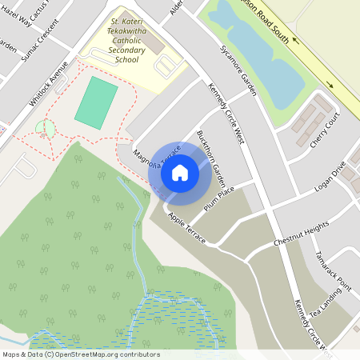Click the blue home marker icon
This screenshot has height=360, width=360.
pyautogui.click(x=180, y=171)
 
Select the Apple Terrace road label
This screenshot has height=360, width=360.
pyautogui.click(x=186, y=229)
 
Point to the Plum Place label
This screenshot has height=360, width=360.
pyautogui.click(x=218, y=197)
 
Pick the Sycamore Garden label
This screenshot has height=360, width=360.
pyautogui.click(x=238, y=70)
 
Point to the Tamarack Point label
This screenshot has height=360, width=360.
pyautogui.click(x=333, y=273)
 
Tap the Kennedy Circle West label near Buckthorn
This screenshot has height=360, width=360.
pyautogui.click(x=226, y=114)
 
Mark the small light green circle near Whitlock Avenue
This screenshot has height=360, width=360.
pyautogui.click(x=46, y=128)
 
